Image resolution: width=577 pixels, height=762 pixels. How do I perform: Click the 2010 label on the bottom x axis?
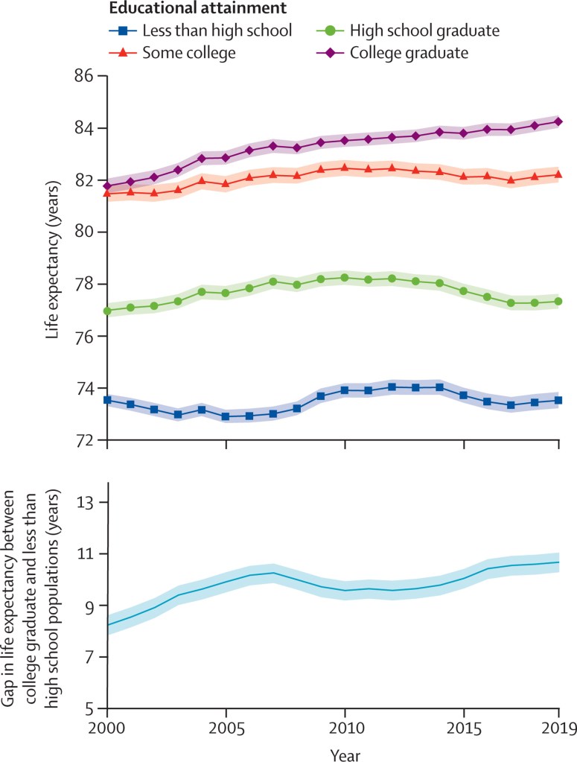click(345, 726)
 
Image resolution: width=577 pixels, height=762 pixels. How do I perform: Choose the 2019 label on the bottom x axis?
click(558, 726)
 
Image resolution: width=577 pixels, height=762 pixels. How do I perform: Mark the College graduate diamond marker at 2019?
click(558, 121)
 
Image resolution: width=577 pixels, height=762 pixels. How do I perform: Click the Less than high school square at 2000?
click(107, 400)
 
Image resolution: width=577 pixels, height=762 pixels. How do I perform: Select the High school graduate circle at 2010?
click(345, 278)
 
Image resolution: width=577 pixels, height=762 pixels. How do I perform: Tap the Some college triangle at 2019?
click(558, 174)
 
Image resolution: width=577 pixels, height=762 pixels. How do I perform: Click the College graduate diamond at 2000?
click(107, 185)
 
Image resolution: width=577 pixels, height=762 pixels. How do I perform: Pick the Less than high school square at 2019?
click(558, 401)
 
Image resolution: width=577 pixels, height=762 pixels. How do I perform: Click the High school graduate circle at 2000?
click(107, 311)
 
